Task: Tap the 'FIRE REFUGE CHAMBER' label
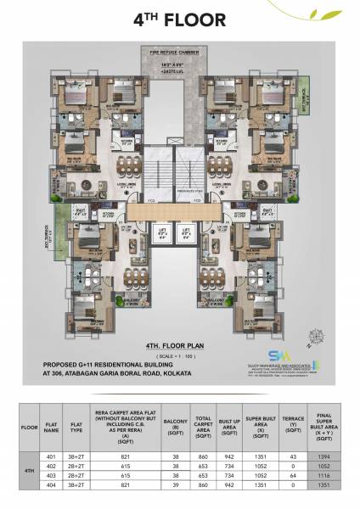pos(179,52)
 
